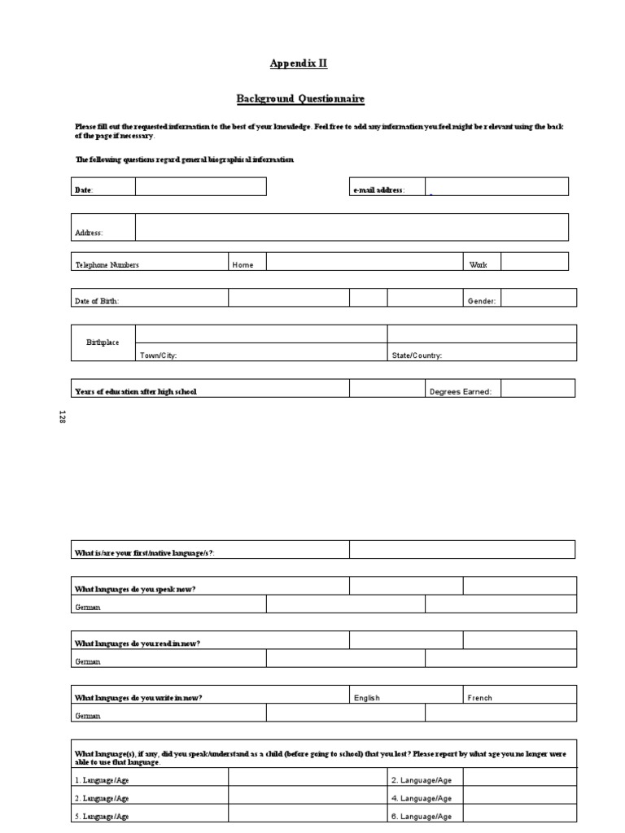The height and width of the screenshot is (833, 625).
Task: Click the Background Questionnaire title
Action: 300,99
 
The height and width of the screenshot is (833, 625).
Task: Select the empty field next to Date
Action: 200,187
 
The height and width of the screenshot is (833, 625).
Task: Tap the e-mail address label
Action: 378,190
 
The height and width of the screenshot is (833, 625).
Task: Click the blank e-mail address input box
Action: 496,186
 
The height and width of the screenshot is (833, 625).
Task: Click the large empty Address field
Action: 352,227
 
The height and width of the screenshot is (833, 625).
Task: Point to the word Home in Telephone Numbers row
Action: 243,265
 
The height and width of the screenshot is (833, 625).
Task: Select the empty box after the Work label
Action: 534,261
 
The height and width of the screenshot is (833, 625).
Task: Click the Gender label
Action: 481,301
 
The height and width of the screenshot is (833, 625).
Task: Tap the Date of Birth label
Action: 97,301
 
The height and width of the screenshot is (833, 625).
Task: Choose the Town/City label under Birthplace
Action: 159,355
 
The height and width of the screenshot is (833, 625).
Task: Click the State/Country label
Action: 417,355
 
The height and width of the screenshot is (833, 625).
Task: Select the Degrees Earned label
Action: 460,392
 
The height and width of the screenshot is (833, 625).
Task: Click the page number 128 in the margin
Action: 62,417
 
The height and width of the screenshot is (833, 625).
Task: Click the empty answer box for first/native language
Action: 462,550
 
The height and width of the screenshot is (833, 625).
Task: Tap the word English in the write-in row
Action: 367,698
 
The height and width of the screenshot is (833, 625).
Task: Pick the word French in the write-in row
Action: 480,698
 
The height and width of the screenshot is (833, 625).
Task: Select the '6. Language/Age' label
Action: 421,816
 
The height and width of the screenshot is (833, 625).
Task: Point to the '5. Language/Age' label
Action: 101,816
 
